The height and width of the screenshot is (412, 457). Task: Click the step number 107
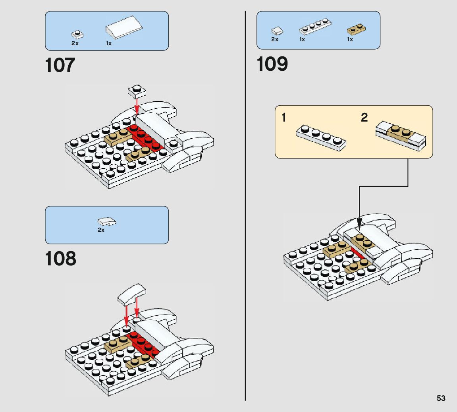coord(60,65)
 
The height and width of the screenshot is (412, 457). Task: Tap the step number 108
coord(61,259)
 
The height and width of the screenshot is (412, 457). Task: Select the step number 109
coord(272,64)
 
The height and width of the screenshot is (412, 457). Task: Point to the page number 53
coord(441,398)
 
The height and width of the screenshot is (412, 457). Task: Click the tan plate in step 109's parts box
coord(357,29)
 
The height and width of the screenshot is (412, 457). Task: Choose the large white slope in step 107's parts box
coord(124,27)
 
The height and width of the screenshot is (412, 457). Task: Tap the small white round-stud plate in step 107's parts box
coord(78,35)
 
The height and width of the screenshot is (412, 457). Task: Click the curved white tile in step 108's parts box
coord(107,222)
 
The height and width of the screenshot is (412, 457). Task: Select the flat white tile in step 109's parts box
coord(277,31)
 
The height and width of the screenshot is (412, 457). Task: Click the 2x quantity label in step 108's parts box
coord(101,230)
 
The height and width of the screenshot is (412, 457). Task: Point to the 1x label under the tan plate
coord(350,39)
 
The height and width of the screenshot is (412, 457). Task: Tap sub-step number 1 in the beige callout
coord(283,118)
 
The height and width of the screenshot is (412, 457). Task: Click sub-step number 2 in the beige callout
coord(364,118)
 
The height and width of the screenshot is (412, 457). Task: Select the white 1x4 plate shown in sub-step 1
coord(321,138)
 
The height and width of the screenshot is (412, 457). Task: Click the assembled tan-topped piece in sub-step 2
coord(401,136)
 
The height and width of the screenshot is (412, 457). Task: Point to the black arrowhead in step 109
coord(359,223)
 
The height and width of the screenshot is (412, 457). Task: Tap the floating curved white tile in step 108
coord(132,294)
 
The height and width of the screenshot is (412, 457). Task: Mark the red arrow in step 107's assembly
coord(137,106)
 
